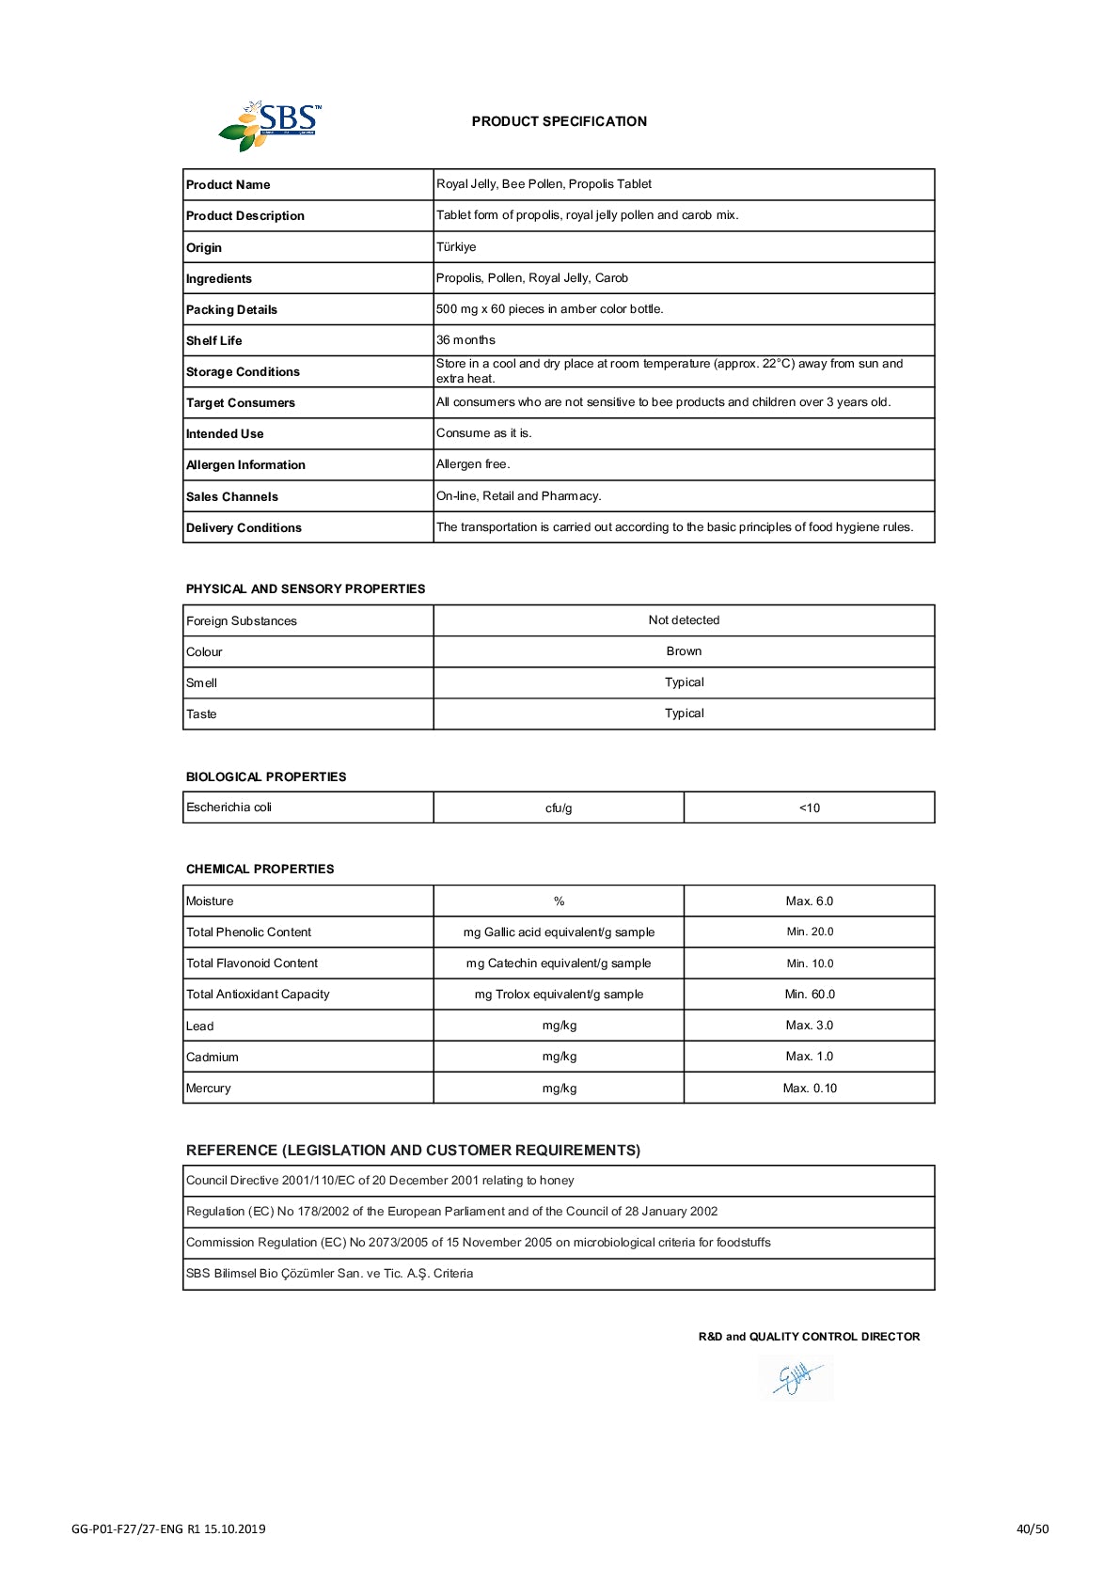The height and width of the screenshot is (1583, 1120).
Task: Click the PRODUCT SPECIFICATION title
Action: coord(559,121)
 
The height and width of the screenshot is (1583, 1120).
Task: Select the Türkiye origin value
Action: coord(456,247)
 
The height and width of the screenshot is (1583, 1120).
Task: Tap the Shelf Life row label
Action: coord(214,340)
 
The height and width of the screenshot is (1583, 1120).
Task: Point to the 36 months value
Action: coord(465,340)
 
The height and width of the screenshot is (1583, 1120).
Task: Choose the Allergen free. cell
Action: coord(473,464)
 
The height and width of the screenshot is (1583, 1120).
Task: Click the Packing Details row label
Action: coord(231,309)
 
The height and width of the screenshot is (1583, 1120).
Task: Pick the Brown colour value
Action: coord(684,651)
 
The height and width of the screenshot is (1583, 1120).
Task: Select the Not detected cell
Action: coord(684,620)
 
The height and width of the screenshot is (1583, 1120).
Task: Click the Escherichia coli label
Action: coord(229,807)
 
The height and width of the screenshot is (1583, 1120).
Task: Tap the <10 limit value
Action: coord(810,807)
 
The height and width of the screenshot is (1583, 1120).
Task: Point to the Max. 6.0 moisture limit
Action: coord(810,901)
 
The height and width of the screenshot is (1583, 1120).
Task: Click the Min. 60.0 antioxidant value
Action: coord(810,994)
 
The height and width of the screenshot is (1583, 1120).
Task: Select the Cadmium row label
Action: coord(213,1057)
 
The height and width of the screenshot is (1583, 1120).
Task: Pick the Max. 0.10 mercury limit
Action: coord(810,1088)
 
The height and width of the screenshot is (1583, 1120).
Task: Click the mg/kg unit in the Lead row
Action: coord(560,1026)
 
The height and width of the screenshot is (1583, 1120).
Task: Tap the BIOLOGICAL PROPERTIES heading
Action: coord(266,776)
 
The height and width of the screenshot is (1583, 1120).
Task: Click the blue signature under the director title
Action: coord(796,1379)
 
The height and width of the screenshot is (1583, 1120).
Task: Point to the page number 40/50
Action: coord(1032,1528)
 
